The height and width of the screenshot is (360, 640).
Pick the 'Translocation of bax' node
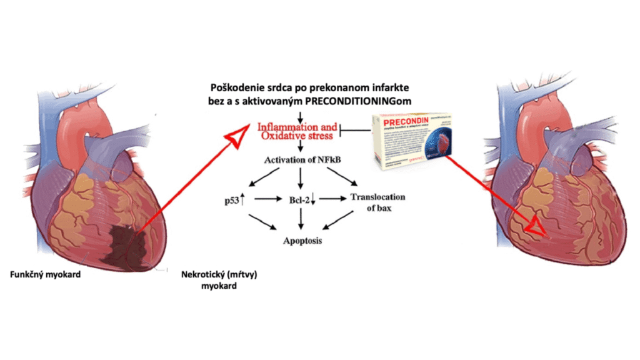377,202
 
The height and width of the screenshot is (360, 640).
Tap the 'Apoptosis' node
301,240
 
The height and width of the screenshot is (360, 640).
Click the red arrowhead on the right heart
534,229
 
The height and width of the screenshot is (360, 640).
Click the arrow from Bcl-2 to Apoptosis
302,218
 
